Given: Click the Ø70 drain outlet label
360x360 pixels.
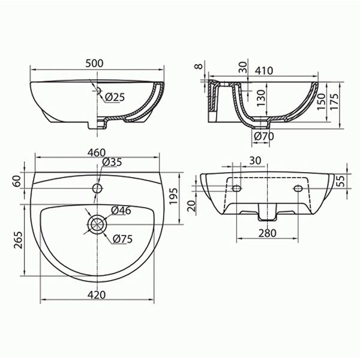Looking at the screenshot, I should click(x=263, y=137).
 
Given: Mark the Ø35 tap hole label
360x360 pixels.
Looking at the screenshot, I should click(x=112, y=162).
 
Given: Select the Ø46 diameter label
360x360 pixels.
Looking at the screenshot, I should click(x=122, y=210).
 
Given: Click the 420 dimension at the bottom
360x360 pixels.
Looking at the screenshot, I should click(x=97, y=294).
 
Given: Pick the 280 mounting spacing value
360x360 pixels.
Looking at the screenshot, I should click(x=267, y=233).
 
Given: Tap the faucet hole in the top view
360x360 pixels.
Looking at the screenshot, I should click(x=96, y=188).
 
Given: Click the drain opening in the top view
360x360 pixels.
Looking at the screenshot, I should click(x=96, y=224).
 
